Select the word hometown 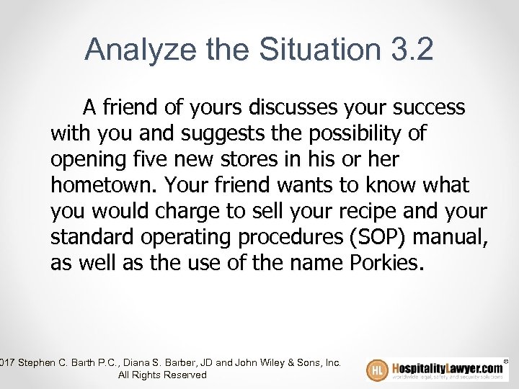click(103, 185)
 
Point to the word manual click(454, 237)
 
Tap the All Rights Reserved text click(162, 375)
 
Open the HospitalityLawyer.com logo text click(447, 367)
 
